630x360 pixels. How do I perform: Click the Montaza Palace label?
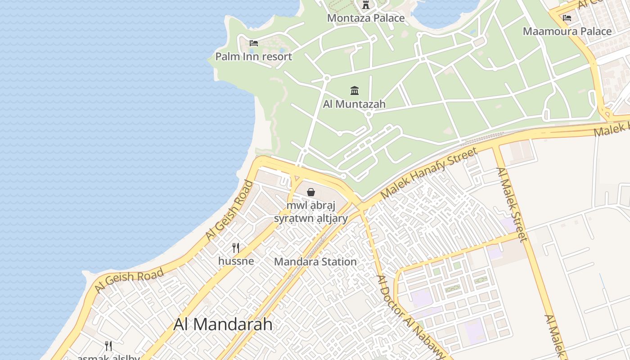click(x=365, y=18)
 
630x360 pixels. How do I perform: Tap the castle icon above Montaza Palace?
click(x=365, y=5)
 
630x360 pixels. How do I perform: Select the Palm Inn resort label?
click(x=253, y=57)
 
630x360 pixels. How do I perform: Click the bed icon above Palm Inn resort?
click(x=254, y=43)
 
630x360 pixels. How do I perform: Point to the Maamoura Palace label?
click(x=567, y=31)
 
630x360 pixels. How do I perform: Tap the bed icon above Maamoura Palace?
click(x=567, y=18)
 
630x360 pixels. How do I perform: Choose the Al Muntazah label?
click(x=354, y=104)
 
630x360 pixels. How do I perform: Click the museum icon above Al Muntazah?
click(x=355, y=91)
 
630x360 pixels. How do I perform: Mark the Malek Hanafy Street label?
click(x=429, y=172)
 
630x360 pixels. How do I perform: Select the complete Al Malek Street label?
click(x=512, y=205)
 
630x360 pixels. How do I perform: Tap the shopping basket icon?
click(x=311, y=193)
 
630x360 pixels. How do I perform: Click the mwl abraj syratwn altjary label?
click(x=311, y=212)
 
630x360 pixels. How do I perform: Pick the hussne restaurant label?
click(x=236, y=261)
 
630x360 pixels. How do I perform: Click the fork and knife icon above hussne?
click(x=236, y=247)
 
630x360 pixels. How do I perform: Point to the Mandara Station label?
click(x=315, y=261)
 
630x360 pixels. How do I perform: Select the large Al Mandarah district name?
click(x=223, y=324)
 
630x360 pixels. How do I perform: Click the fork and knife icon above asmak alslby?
click(x=108, y=346)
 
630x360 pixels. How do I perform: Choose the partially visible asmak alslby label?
click(x=108, y=357)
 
